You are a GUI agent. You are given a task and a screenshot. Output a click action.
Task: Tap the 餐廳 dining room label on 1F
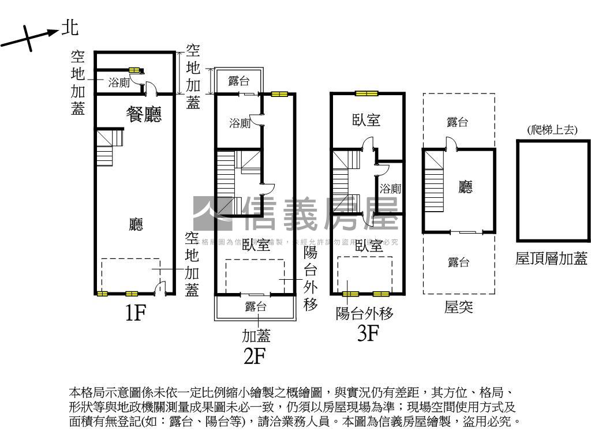[144, 114]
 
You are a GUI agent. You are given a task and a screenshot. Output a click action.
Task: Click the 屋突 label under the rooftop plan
[459, 307]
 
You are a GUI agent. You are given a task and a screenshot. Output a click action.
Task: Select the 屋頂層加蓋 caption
[551, 258]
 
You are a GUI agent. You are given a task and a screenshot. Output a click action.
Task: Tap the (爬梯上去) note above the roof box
[552, 130]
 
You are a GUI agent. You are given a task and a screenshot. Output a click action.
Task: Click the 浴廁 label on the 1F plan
[119, 82]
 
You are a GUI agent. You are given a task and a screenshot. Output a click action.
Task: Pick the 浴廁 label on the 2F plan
[240, 123]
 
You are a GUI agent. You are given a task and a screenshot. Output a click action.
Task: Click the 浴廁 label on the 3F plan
[391, 188]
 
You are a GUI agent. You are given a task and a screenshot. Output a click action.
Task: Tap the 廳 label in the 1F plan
[136, 224]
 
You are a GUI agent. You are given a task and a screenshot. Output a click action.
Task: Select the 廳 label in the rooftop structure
[465, 187]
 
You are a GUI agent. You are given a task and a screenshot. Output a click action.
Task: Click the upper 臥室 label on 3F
[366, 120]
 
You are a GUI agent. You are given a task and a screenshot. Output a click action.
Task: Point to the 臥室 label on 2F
[256, 245]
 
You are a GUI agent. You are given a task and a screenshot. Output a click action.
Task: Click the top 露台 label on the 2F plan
[239, 81]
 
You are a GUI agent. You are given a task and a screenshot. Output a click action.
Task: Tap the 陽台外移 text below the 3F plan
[365, 314]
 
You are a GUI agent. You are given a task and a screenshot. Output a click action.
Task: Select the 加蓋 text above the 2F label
[256, 335]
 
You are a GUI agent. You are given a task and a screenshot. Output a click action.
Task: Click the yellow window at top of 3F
[366, 93]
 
